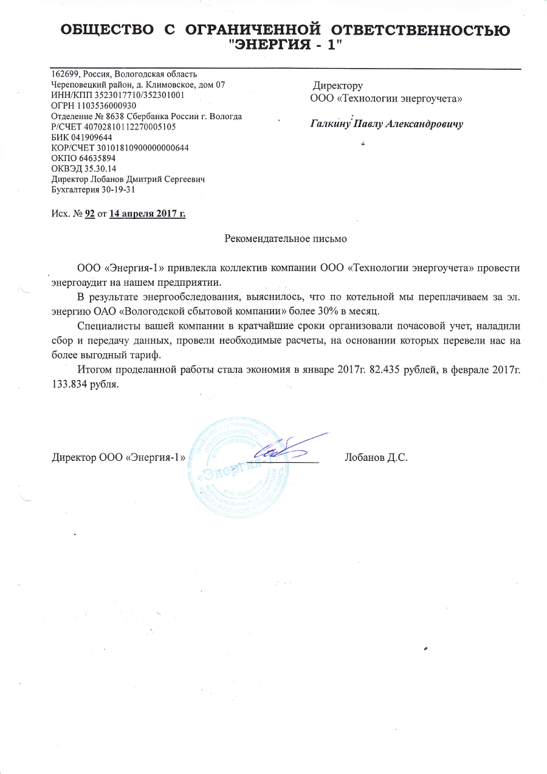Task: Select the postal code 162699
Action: coord(63,75)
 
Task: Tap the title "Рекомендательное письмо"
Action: coord(286,238)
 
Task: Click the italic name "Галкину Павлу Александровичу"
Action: coord(387,124)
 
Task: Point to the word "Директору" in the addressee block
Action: coord(338,86)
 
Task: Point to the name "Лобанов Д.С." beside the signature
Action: coord(376,458)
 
